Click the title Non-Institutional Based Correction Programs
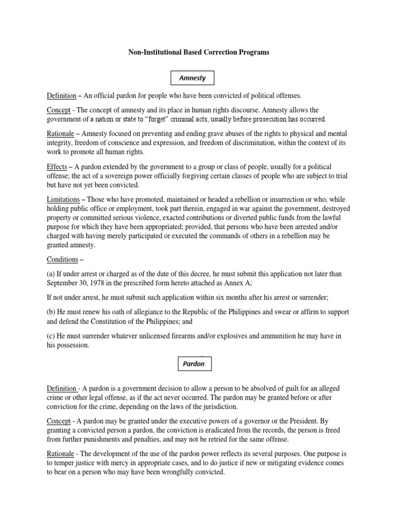point(198,52)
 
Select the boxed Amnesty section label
point(192,78)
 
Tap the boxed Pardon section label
point(193,364)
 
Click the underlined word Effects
point(57,167)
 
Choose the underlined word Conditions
point(62,260)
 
